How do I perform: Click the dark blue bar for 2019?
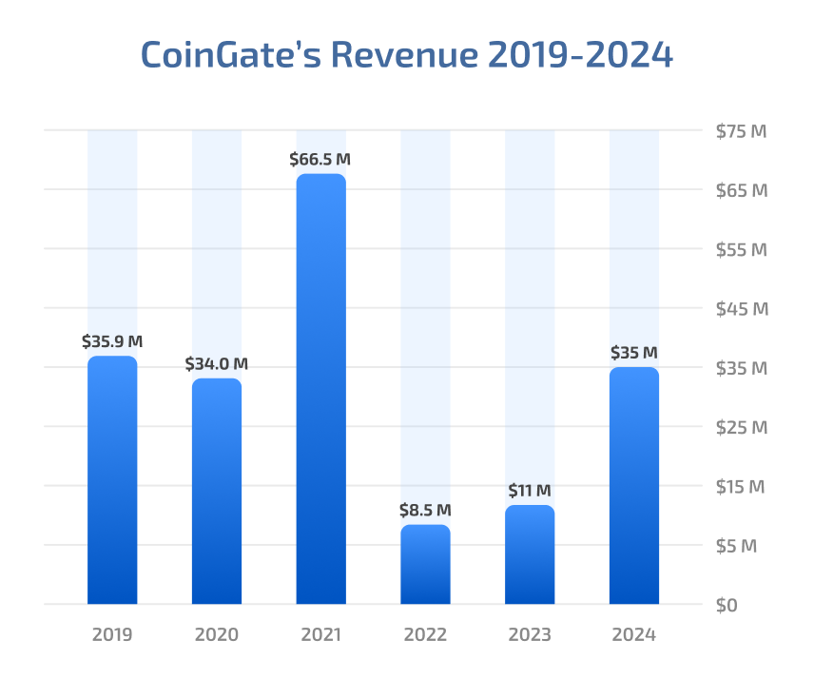click(112, 480)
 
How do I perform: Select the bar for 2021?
click(320, 389)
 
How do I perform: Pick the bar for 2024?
click(633, 486)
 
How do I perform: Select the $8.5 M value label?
click(425, 510)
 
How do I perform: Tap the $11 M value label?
click(530, 491)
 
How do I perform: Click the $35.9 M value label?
click(112, 340)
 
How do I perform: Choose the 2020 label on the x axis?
click(217, 634)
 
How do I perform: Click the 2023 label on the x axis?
click(530, 634)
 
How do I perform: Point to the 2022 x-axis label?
click(425, 634)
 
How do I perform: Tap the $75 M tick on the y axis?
click(742, 131)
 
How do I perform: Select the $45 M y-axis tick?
click(742, 309)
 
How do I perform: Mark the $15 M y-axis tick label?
click(742, 487)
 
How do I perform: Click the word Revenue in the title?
click(403, 54)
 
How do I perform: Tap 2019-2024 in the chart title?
click(580, 54)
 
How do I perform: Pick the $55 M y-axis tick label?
click(742, 250)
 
